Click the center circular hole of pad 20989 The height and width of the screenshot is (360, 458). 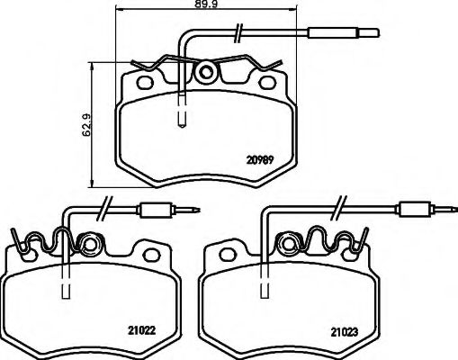click(x=205, y=71)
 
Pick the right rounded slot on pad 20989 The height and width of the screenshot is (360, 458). click(x=265, y=82)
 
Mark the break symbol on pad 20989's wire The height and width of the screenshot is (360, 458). click(x=237, y=36)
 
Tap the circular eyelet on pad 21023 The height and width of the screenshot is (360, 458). click(x=291, y=244)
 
